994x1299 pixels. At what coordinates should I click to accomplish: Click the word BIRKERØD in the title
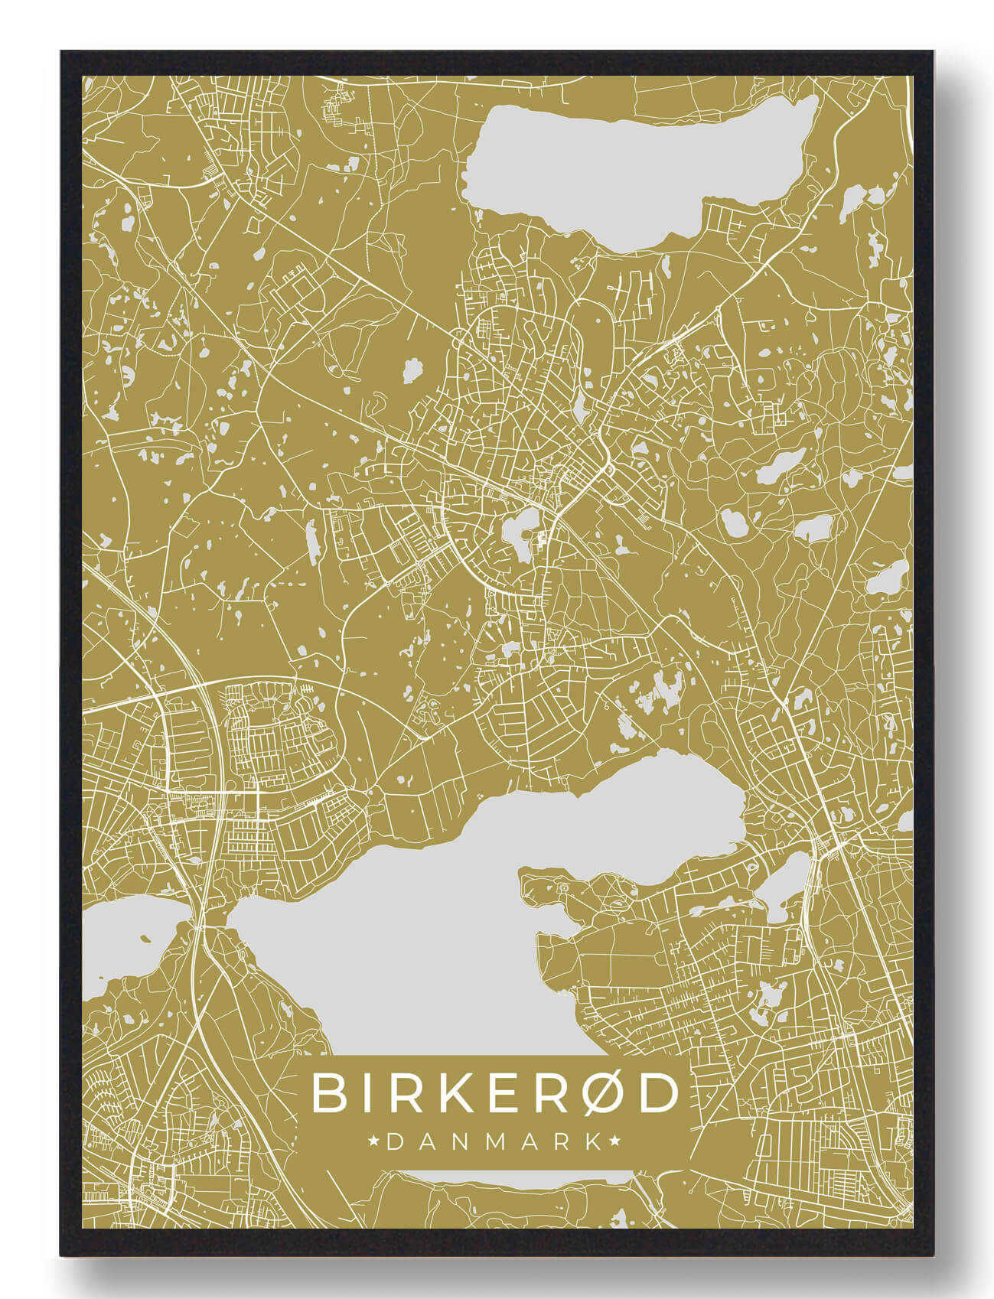(495, 1093)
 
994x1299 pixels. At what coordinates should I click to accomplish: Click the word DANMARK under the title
(495, 1142)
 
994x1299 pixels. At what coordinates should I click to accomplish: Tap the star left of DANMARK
(374, 1142)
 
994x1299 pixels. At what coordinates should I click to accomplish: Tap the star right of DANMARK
(615, 1142)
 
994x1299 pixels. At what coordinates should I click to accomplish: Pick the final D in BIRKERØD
(659, 1093)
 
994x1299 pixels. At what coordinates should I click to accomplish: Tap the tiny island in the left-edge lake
(142, 939)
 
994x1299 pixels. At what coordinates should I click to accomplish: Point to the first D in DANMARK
(396, 1142)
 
